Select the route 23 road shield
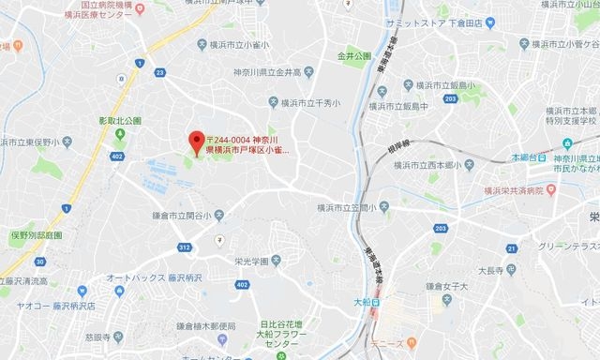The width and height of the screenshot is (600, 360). click(160, 72)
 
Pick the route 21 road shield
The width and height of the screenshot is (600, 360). click(512, 247)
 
